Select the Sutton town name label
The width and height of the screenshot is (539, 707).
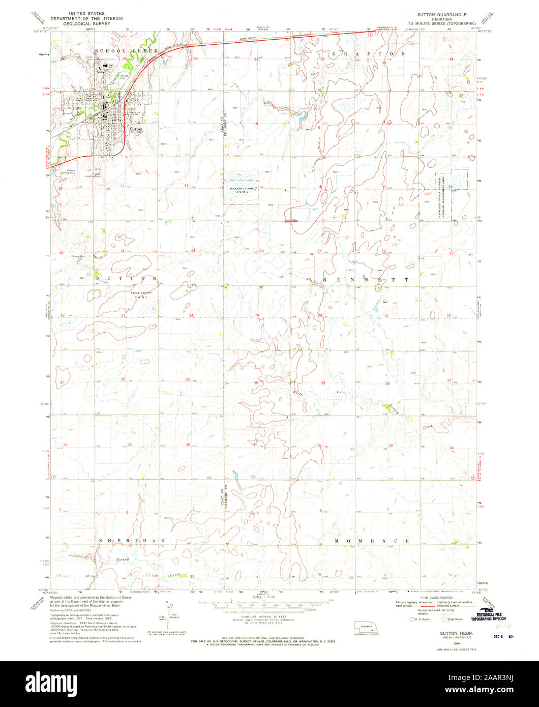pos(136,129)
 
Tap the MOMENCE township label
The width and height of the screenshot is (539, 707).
pos(372,540)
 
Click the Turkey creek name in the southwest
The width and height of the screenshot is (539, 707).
pos(122,559)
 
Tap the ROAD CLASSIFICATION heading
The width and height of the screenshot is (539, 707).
pos(441,597)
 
